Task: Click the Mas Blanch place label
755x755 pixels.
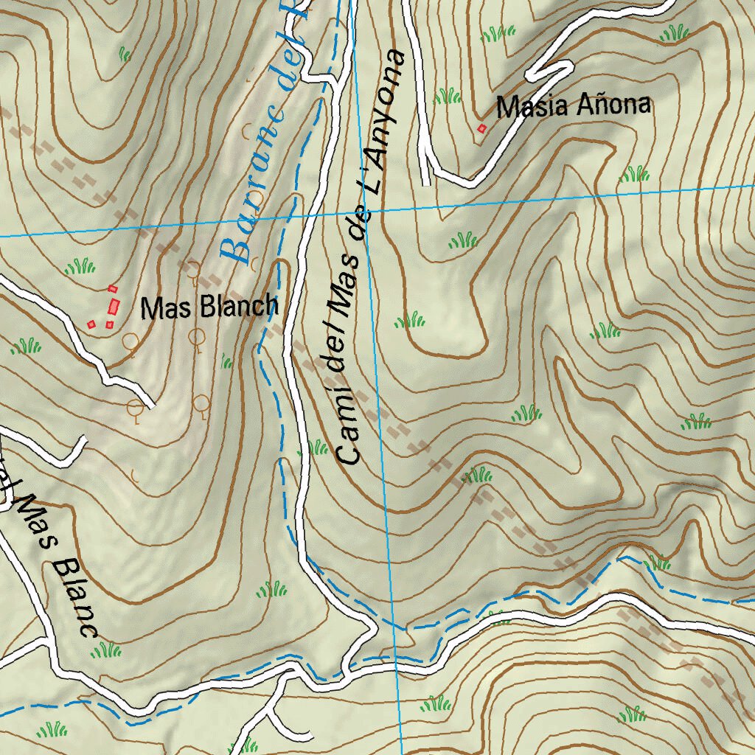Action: pos(209,307)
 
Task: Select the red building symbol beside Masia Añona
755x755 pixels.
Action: pos(482,129)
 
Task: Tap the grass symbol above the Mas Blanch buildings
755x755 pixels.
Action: pos(80,265)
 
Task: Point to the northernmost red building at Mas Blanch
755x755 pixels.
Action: pos(113,288)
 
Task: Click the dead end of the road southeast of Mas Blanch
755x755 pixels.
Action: pos(150,405)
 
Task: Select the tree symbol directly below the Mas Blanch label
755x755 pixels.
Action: pos(196,338)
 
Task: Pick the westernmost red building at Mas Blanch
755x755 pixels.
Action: pos(91,324)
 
